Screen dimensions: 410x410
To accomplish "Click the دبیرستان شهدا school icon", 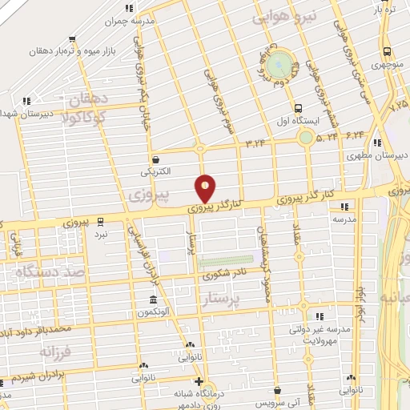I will point(26,101).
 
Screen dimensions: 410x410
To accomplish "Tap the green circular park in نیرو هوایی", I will point(279,62).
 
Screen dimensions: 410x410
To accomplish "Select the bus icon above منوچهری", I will point(386,45).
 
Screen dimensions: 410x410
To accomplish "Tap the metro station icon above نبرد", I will point(100,221).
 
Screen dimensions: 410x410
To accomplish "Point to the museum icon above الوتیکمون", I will point(152,300).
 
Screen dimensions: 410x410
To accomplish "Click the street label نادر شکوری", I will point(220,276).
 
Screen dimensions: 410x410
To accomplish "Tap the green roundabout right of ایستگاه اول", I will point(306,137).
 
